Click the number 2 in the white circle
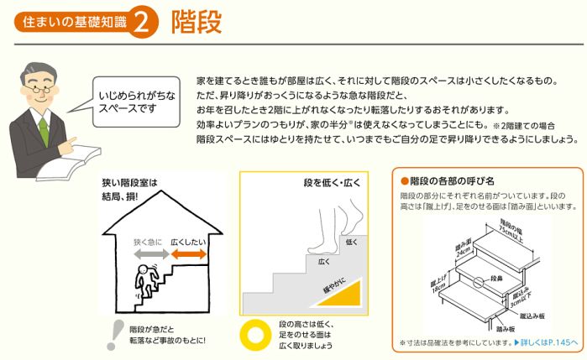(x=143, y=23)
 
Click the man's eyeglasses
(x=39, y=91)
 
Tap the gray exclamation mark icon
(x=116, y=335)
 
